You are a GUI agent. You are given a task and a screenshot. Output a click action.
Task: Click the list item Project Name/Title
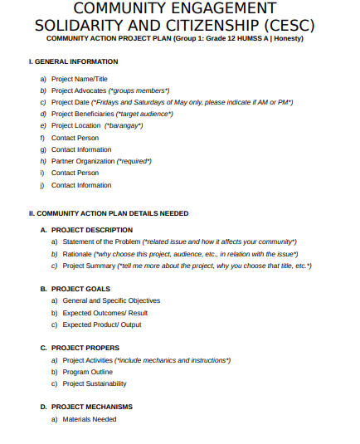[80, 78]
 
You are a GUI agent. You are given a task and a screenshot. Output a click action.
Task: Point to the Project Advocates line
[109, 90]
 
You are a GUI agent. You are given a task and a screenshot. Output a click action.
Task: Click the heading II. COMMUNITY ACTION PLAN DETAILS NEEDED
[108, 213]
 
